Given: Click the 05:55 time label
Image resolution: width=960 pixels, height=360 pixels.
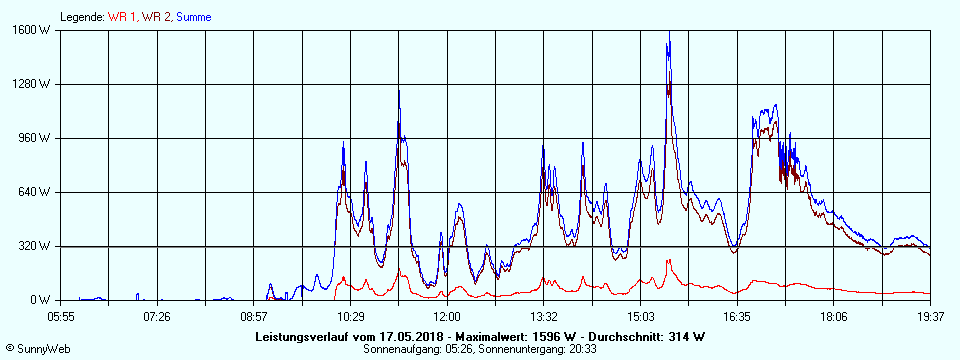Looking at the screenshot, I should (x=61, y=317).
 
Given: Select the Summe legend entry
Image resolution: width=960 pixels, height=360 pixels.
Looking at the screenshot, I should (x=194, y=17).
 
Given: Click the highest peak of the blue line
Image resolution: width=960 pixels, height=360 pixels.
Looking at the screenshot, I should (x=669, y=41).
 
